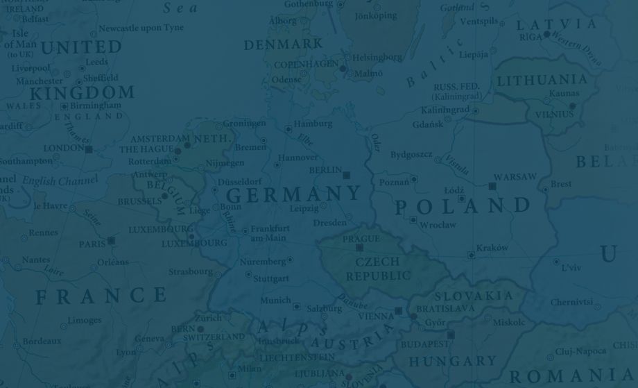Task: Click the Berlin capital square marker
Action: [x=347, y=176]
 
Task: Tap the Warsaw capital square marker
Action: [x=492, y=186]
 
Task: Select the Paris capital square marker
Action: [x=111, y=241]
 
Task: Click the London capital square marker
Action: [x=89, y=149]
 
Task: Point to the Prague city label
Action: [x=361, y=239]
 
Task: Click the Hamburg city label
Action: [x=313, y=124]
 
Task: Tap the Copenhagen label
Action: [x=306, y=65]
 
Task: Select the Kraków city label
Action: [x=492, y=248]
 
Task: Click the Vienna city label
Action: [x=376, y=316]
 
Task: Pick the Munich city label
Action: [x=275, y=301]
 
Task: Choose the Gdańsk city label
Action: [x=427, y=124]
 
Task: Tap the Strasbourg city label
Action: [x=190, y=271]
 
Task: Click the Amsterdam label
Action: [x=159, y=139]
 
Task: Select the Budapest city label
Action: [x=424, y=344]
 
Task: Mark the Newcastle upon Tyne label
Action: [x=141, y=28]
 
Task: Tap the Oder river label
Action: [x=375, y=142]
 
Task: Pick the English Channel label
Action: [x=60, y=181]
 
